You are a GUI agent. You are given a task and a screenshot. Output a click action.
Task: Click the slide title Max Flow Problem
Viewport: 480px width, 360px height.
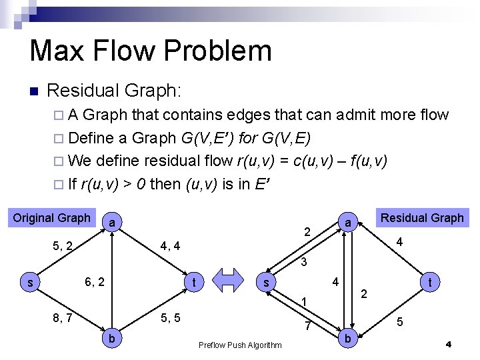click(x=151, y=51)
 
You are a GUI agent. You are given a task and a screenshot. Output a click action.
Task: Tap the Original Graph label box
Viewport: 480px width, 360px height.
click(x=51, y=218)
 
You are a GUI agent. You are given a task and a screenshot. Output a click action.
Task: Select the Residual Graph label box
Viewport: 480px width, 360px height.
click(x=421, y=217)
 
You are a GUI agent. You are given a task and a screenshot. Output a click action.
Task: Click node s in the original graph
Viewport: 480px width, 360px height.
click(x=30, y=283)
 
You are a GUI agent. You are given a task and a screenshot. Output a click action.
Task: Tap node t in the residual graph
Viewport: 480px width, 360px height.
click(x=431, y=283)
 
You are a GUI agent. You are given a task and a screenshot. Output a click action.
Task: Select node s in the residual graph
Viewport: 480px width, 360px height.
click(x=266, y=283)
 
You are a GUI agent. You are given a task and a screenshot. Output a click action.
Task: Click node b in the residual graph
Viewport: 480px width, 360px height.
click(x=347, y=339)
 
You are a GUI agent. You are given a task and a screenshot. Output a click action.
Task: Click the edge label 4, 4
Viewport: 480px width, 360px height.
click(x=170, y=247)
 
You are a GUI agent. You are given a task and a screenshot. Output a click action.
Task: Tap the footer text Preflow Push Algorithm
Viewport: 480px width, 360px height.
click(x=240, y=345)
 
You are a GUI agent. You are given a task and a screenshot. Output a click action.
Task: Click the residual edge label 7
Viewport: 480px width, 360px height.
click(x=307, y=326)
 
